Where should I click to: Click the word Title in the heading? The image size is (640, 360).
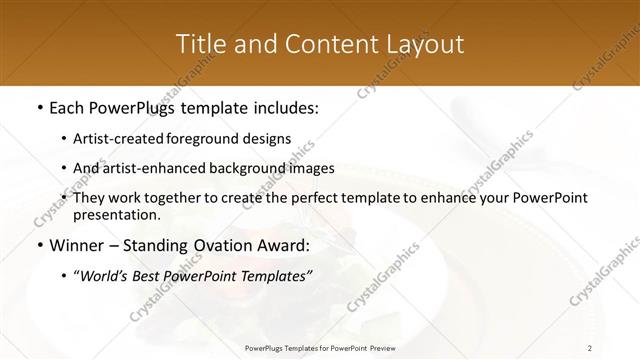point(199,44)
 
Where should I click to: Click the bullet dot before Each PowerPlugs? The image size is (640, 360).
point(39,107)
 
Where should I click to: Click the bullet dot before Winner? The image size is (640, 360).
point(39,245)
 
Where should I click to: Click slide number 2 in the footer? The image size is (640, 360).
point(591,347)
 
